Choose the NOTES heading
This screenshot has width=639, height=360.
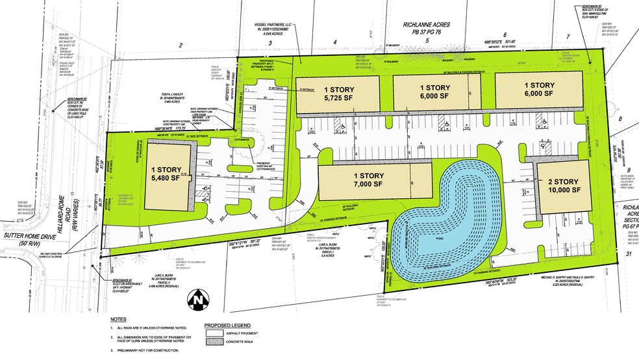tap(118, 320)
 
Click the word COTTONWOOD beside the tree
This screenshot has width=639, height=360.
tap(242, 139)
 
